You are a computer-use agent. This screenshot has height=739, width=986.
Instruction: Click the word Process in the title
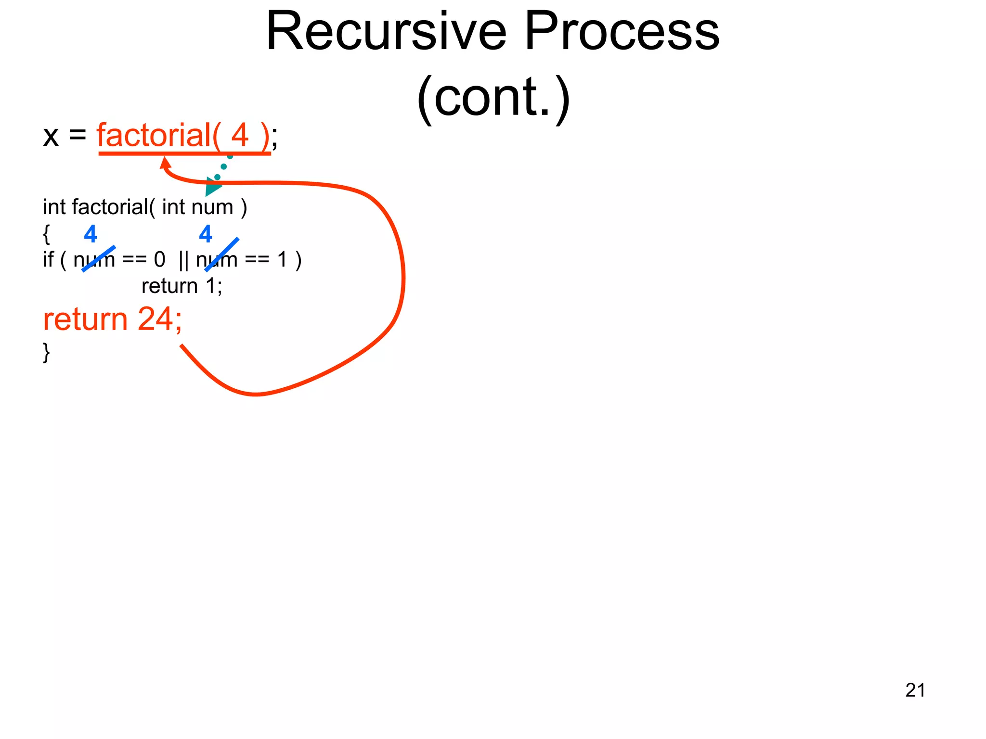click(x=622, y=32)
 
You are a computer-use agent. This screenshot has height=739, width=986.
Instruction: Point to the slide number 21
click(x=915, y=690)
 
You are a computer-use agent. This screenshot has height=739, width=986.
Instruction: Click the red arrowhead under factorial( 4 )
click(x=165, y=163)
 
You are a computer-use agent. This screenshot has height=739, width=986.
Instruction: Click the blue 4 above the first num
click(x=91, y=234)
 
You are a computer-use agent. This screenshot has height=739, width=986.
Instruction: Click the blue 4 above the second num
click(x=206, y=234)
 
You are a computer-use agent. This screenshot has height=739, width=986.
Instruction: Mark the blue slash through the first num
click(x=99, y=259)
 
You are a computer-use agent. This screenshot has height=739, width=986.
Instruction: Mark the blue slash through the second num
click(x=221, y=255)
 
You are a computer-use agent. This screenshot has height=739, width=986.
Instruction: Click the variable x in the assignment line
click(x=51, y=137)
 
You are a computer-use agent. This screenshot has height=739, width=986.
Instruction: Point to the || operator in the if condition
click(x=183, y=260)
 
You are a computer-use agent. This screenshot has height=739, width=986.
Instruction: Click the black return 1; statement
click(x=182, y=286)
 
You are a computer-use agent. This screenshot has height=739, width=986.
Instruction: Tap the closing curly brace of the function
click(x=46, y=352)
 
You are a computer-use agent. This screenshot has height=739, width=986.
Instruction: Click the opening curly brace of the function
click(x=46, y=234)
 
